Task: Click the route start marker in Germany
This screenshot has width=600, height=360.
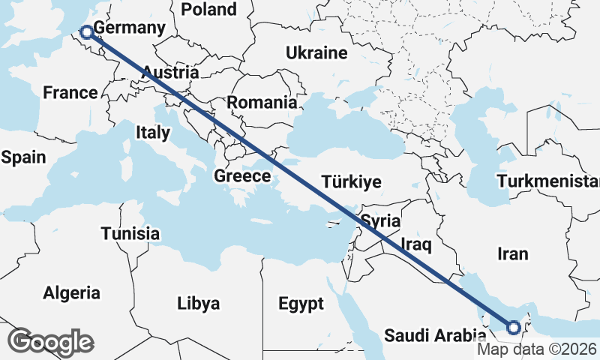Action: pos(86,31)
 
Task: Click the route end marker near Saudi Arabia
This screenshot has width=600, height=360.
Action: pos(514,327)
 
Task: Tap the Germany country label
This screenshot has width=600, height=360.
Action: pos(129,28)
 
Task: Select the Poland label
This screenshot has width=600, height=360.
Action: pos(209,10)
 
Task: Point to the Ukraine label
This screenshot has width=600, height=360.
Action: pos(316,53)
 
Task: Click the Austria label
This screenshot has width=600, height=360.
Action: pos(170,73)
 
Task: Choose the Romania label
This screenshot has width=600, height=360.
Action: pos(262,102)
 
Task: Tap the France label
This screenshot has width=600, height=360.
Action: pos(70,93)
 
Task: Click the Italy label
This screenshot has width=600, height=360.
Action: pos(153,133)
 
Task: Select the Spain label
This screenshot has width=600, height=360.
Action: pos(23,157)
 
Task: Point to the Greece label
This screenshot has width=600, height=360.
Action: pos(241,176)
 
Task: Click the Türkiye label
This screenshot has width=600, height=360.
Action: pos(351,181)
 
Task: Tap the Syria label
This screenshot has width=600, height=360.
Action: pos(380,221)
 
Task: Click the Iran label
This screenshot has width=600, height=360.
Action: pos(512,253)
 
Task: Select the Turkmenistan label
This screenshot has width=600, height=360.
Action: pos(547,181)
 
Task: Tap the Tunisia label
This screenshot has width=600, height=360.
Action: pos(130,233)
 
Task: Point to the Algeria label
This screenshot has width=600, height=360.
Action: pos(72,292)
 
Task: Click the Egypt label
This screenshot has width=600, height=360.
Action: pos(301,304)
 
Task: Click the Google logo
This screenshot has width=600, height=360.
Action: pos(50,342)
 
